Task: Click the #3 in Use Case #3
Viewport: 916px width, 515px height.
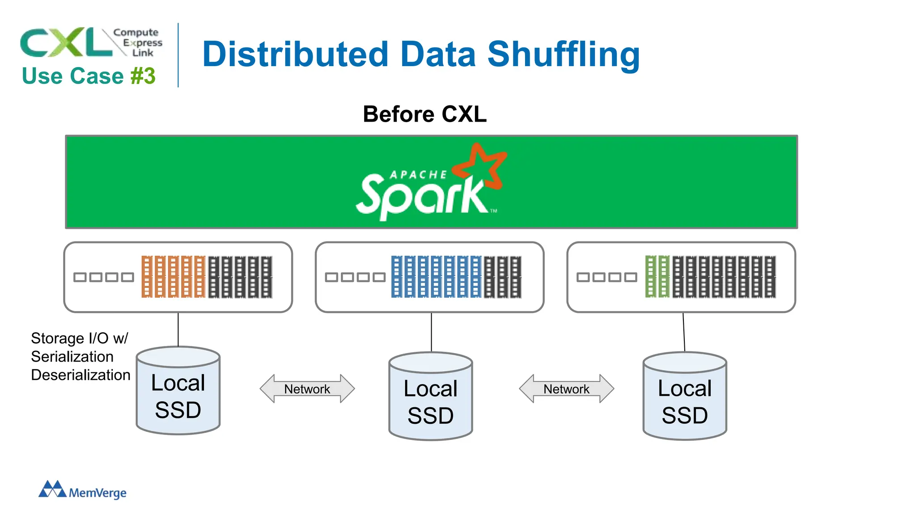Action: (143, 76)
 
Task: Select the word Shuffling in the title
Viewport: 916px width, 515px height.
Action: (564, 55)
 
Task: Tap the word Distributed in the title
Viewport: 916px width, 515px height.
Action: (295, 55)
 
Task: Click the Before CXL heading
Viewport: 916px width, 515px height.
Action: (424, 114)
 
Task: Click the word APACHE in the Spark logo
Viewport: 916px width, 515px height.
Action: (418, 175)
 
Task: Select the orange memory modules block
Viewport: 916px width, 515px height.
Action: (173, 277)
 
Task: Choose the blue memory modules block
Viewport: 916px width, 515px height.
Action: (436, 277)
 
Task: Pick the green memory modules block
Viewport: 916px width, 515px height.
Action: (657, 277)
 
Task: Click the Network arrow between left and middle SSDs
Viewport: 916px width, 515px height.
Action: (307, 389)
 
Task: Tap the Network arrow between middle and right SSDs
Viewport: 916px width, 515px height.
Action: (566, 389)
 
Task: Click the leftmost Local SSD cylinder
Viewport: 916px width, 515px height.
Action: (178, 396)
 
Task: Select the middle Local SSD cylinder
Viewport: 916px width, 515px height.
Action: (431, 401)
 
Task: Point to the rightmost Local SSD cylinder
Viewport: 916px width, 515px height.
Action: (685, 401)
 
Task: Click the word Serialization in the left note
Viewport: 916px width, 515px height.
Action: (72, 357)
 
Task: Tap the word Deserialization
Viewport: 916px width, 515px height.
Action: (81, 375)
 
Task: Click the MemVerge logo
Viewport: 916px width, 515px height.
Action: (83, 490)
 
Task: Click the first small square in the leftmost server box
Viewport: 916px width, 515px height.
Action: (80, 277)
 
